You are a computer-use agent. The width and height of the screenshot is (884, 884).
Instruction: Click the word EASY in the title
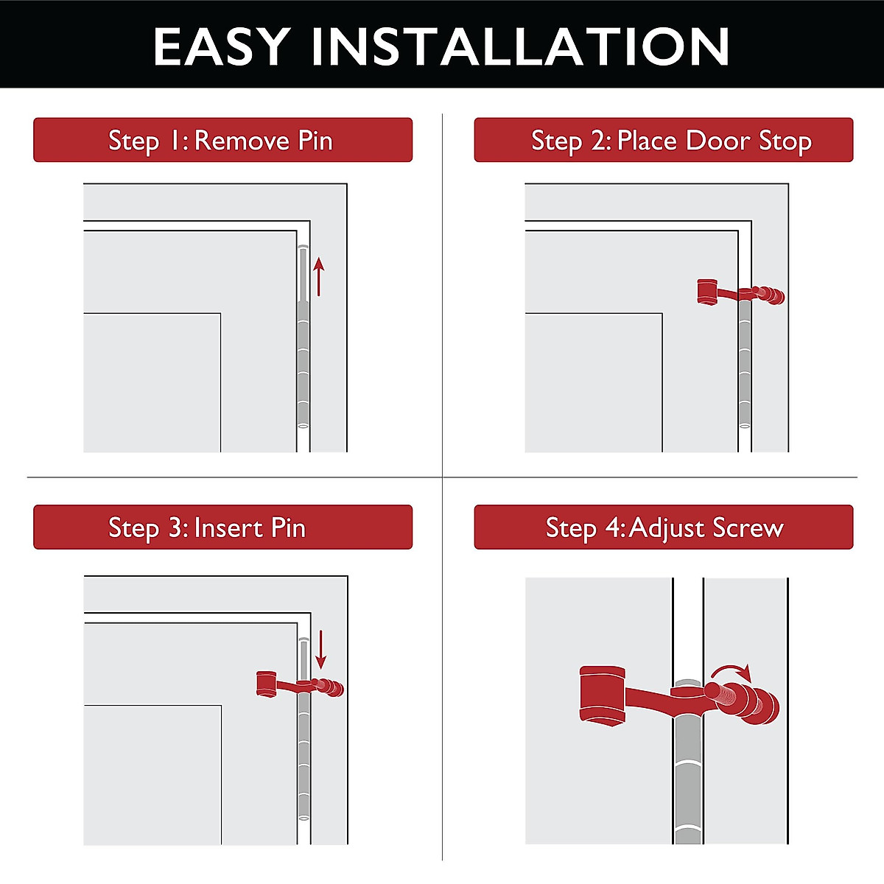(x=221, y=47)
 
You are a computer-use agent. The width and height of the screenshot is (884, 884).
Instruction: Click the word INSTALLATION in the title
(x=520, y=47)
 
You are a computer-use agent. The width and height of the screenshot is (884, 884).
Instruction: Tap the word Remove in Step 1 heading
(x=242, y=140)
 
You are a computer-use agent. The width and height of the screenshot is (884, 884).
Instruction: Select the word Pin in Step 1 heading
(x=315, y=140)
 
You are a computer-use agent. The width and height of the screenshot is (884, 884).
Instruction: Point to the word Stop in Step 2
(x=785, y=140)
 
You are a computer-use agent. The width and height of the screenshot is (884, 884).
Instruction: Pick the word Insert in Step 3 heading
(x=228, y=527)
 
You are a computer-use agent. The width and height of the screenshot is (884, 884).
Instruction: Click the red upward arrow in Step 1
(x=318, y=276)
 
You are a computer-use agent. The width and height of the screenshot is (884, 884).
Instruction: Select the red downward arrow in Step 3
(x=320, y=648)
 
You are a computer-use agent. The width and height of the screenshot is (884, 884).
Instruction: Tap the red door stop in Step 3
(x=298, y=684)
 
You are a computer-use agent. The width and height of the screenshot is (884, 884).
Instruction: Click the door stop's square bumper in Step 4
(x=603, y=695)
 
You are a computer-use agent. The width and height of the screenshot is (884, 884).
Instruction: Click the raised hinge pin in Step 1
(x=302, y=273)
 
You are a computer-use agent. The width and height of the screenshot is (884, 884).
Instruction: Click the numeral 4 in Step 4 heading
(x=614, y=527)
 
